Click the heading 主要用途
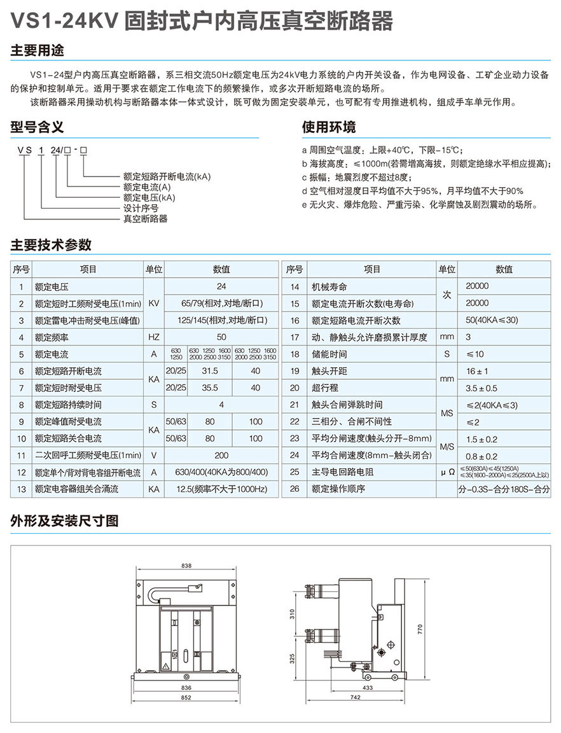(x=38, y=50)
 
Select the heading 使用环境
(x=329, y=126)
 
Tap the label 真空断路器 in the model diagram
(x=145, y=219)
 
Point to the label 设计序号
(x=141, y=208)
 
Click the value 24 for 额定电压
(x=221, y=287)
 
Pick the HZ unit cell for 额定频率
(x=154, y=337)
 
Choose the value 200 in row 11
(x=221, y=455)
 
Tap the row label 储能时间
(x=329, y=354)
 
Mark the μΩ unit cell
(x=447, y=472)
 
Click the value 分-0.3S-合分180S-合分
(x=504, y=489)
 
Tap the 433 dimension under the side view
(x=368, y=687)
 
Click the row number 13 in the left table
(x=22, y=489)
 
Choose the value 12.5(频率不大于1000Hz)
(x=221, y=489)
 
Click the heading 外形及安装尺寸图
(x=64, y=521)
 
